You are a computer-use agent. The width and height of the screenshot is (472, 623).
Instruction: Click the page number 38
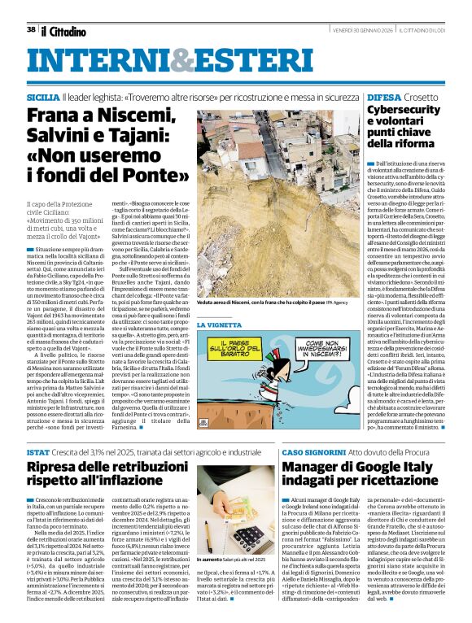(x=31, y=29)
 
